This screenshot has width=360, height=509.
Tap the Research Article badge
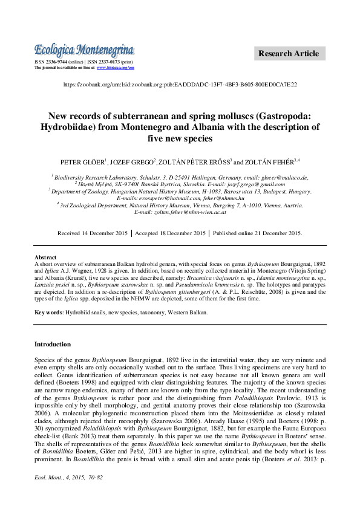(288, 54)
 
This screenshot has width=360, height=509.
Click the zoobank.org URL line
(180, 85)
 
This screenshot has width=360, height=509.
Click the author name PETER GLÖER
(83, 162)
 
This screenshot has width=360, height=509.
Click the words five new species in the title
(180, 138)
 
